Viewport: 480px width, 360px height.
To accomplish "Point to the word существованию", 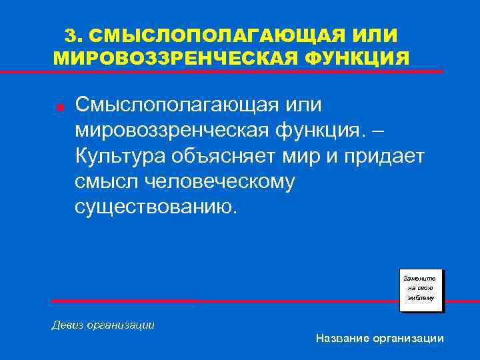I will (x=155, y=206).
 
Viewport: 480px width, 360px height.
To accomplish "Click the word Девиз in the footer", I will (x=67, y=325).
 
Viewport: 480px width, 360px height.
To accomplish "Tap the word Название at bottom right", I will (x=344, y=339).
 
